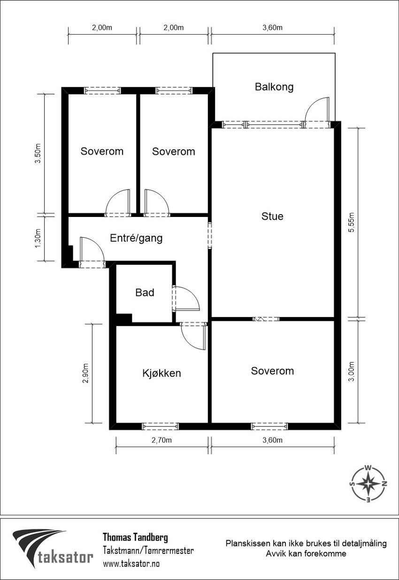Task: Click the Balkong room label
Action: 274,87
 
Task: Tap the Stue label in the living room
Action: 272,216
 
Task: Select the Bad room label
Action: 145,293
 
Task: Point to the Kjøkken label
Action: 161,373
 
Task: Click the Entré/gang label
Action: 136,238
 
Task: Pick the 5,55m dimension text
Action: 351,223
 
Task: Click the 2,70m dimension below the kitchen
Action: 162,440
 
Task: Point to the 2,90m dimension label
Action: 85,373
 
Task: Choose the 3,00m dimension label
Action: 351,371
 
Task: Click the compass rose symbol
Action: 368,484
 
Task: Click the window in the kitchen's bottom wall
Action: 161,426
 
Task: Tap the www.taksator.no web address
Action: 131,564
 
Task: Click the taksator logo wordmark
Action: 65,557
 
